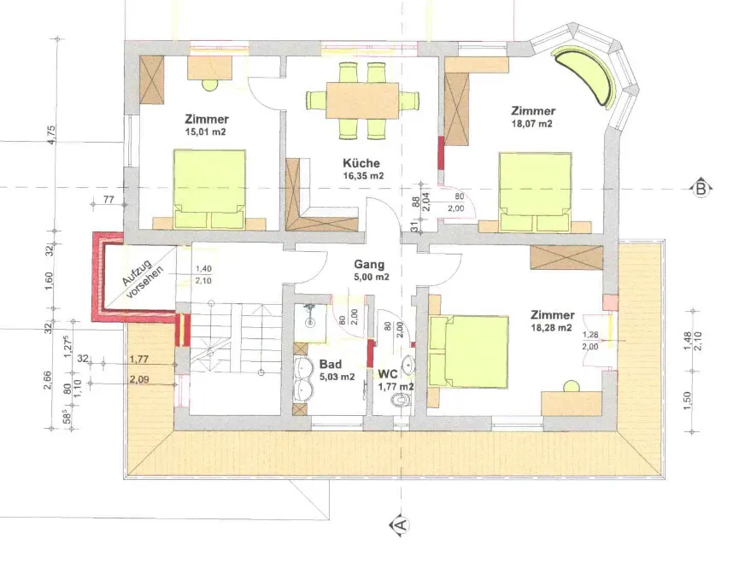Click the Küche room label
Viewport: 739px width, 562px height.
click(361, 163)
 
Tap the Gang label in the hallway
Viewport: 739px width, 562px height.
click(369, 265)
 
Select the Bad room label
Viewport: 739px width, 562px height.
click(331, 365)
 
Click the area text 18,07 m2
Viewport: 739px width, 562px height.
click(531, 125)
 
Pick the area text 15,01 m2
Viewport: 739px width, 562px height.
click(206, 132)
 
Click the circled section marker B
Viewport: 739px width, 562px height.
click(701, 189)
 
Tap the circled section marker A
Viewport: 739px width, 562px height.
click(401, 524)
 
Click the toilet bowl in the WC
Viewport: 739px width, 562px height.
click(401, 401)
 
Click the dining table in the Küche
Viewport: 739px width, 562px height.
click(362, 101)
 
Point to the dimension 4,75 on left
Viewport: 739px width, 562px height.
click(51, 135)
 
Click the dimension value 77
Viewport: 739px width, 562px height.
click(109, 200)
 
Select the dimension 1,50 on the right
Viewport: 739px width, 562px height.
click(687, 401)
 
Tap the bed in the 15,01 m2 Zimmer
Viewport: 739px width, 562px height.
click(209, 190)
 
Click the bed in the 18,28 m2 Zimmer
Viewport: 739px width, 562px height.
click(469, 353)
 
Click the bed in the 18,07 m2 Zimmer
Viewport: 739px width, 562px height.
click(536, 191)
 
